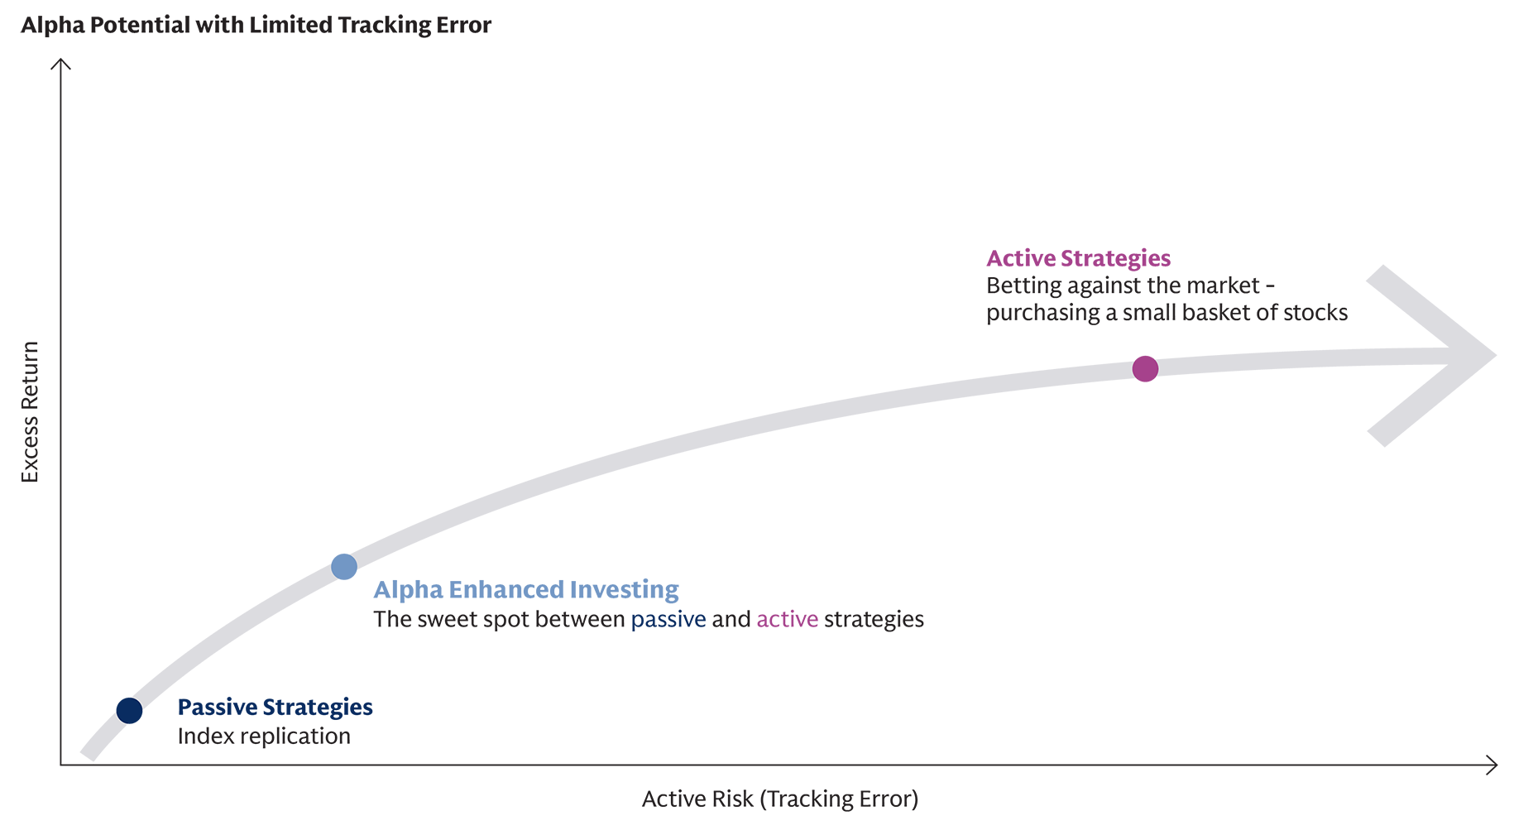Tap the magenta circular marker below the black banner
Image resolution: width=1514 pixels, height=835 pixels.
(x=1145, y=369)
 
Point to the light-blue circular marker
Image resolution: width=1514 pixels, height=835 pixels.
(x=344, y=567)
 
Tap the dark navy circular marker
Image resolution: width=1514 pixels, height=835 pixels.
(x=130, y=709)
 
